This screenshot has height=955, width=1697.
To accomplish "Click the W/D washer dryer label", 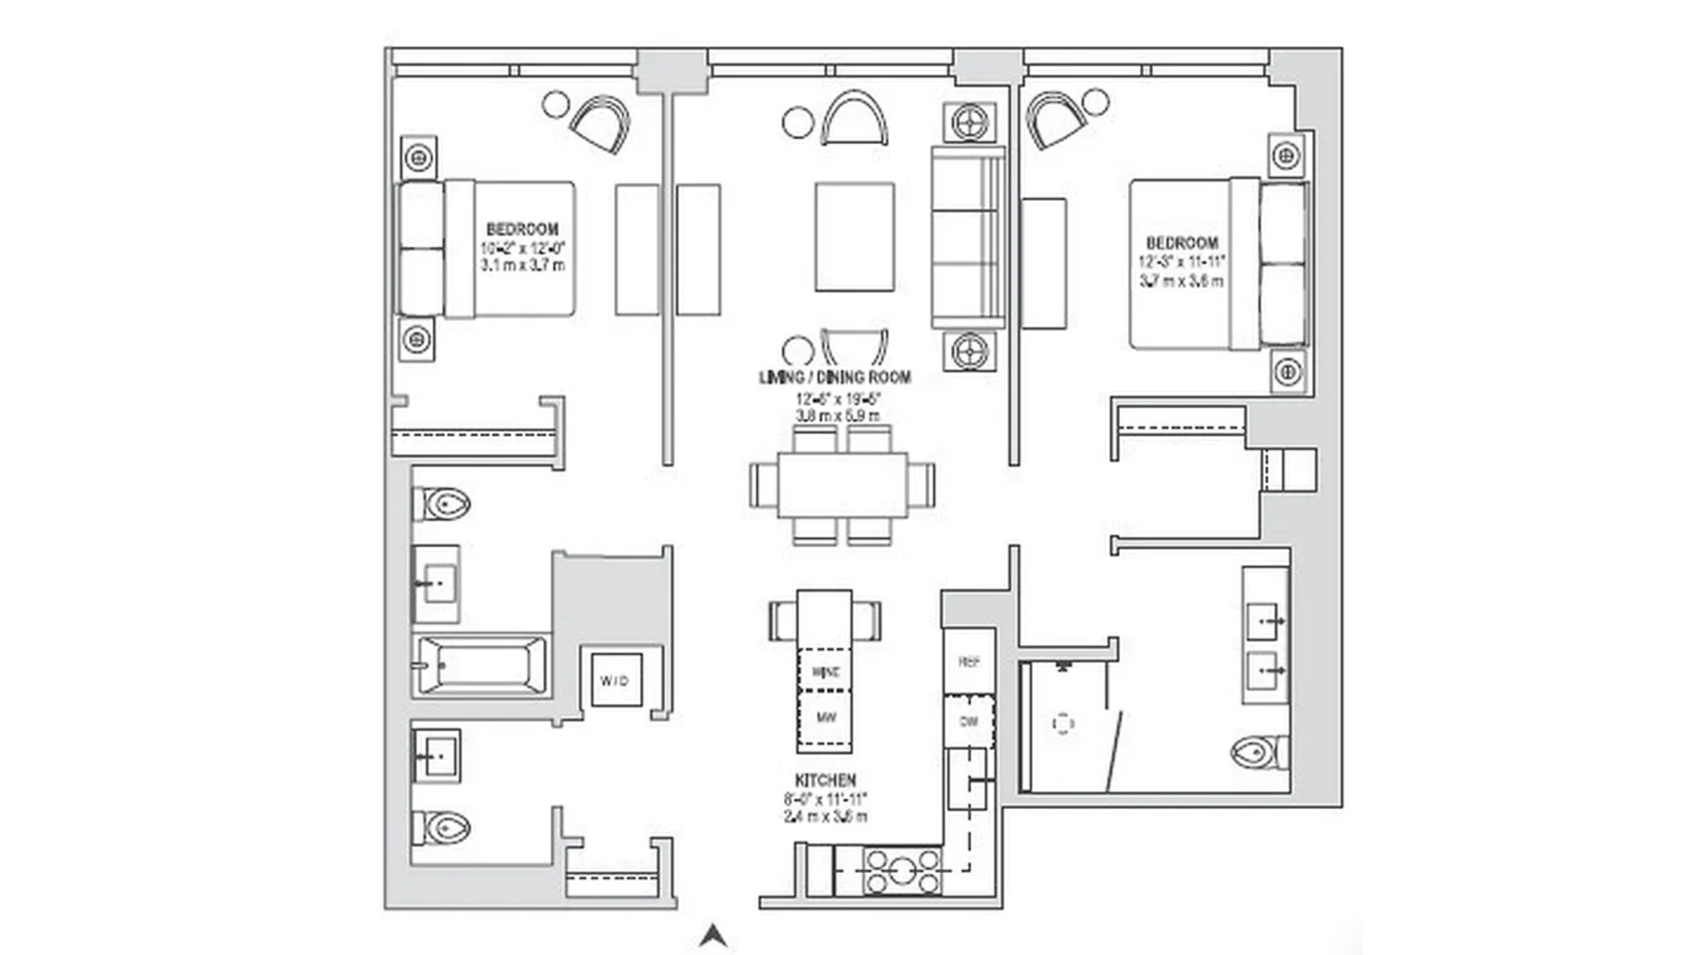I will pos(615,680).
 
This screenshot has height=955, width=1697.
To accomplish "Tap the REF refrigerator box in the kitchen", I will pos(969,661).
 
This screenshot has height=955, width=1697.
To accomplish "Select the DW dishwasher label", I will pos(969,722).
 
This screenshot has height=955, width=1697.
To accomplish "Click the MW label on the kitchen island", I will pos(826,717).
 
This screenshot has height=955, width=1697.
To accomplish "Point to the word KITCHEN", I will pos(826,781).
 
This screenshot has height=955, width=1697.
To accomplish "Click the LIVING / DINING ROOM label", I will pos(835,378).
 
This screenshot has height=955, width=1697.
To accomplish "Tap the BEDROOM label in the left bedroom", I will pos(522,229).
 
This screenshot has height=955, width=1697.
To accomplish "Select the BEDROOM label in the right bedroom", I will pos(1182,243).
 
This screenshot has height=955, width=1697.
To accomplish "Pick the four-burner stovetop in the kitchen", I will pos(902,871).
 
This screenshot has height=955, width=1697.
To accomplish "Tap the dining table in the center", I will pos(842,485).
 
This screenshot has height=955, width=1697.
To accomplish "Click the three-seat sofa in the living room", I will pos(968,237).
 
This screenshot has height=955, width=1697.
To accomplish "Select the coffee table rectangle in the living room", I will pos(854,236).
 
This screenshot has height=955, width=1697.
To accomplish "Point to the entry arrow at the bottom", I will pos(713,936).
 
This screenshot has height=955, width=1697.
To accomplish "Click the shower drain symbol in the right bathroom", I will pos(1063,724).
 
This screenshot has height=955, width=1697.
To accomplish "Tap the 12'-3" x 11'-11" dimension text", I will pos(1182,262).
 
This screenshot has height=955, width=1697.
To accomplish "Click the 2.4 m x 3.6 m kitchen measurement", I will pos(826,816).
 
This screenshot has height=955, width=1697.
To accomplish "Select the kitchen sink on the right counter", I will pos(967,779).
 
